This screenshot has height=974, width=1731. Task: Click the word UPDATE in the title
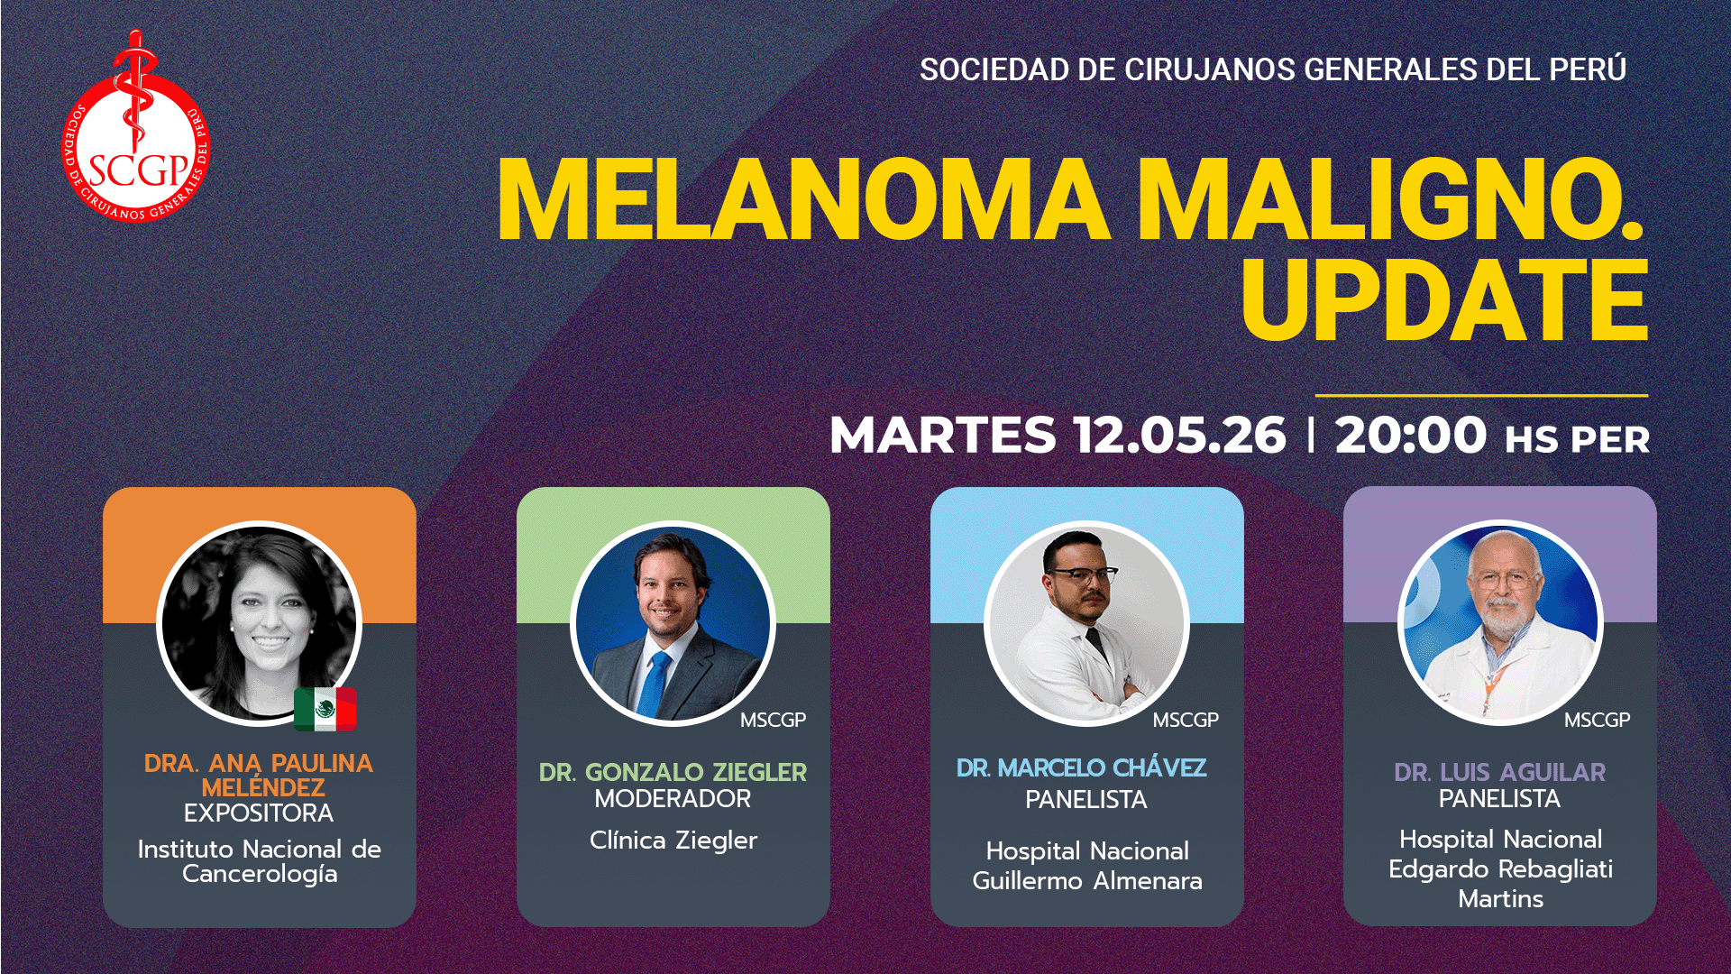click(1444, 300)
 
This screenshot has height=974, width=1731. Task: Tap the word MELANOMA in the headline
click(802, 200)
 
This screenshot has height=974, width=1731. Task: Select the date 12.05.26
click(1179, 436)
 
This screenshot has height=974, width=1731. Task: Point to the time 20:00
click(1410, 436)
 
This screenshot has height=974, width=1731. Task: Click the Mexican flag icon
click(325, 709)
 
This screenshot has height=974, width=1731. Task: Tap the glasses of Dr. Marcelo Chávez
click(1082, 574)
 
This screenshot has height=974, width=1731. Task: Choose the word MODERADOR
click(673, 799)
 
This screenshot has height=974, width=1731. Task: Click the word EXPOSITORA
click(259, 813)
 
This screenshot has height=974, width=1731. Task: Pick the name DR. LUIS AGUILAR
click(1499, 772)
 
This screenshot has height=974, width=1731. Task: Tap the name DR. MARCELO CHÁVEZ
click(1081, 768)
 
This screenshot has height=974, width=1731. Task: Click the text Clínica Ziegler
click(673, 841)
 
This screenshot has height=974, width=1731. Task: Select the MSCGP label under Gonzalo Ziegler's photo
click(773, 721)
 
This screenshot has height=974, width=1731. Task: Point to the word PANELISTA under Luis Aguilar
click(1499, 799)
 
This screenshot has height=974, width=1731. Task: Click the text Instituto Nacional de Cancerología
click(259, 861)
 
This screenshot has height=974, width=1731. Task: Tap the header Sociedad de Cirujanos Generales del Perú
click(1272, 69)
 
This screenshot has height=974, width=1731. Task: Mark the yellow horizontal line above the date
click(1480, 395)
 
